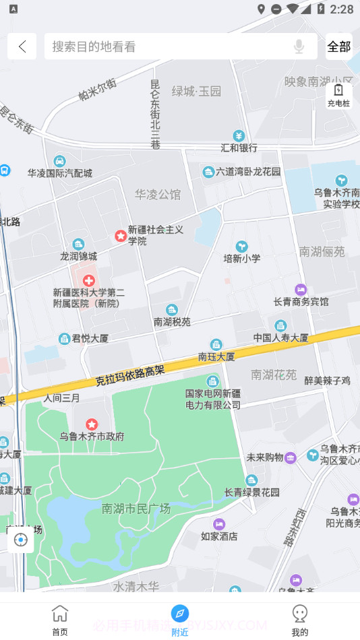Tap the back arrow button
tap(22, 46)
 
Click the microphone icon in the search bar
tap(299, 46)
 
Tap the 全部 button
tap(339, 46)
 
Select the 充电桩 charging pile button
tap(338, 95)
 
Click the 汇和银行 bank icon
tap(238, 135)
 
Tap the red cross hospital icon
tap(88, 280)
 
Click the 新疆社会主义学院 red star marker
tap(120, 236)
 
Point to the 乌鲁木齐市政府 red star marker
tap(92, 424)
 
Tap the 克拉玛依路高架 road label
tap(130, 375)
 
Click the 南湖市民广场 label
tap(136, 509)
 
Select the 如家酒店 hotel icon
tap(219, 523)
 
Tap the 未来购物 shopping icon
tap(290, 457)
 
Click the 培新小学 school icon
tap(241, 247)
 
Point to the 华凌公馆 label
tap(158, 195)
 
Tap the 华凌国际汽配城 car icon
tap(59, 161)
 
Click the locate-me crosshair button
tap(21, 540)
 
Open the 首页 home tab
tap(60, 620)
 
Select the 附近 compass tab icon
tap(179, 613)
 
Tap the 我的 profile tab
tap(300, 620)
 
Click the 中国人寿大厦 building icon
tap(280, 325)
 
